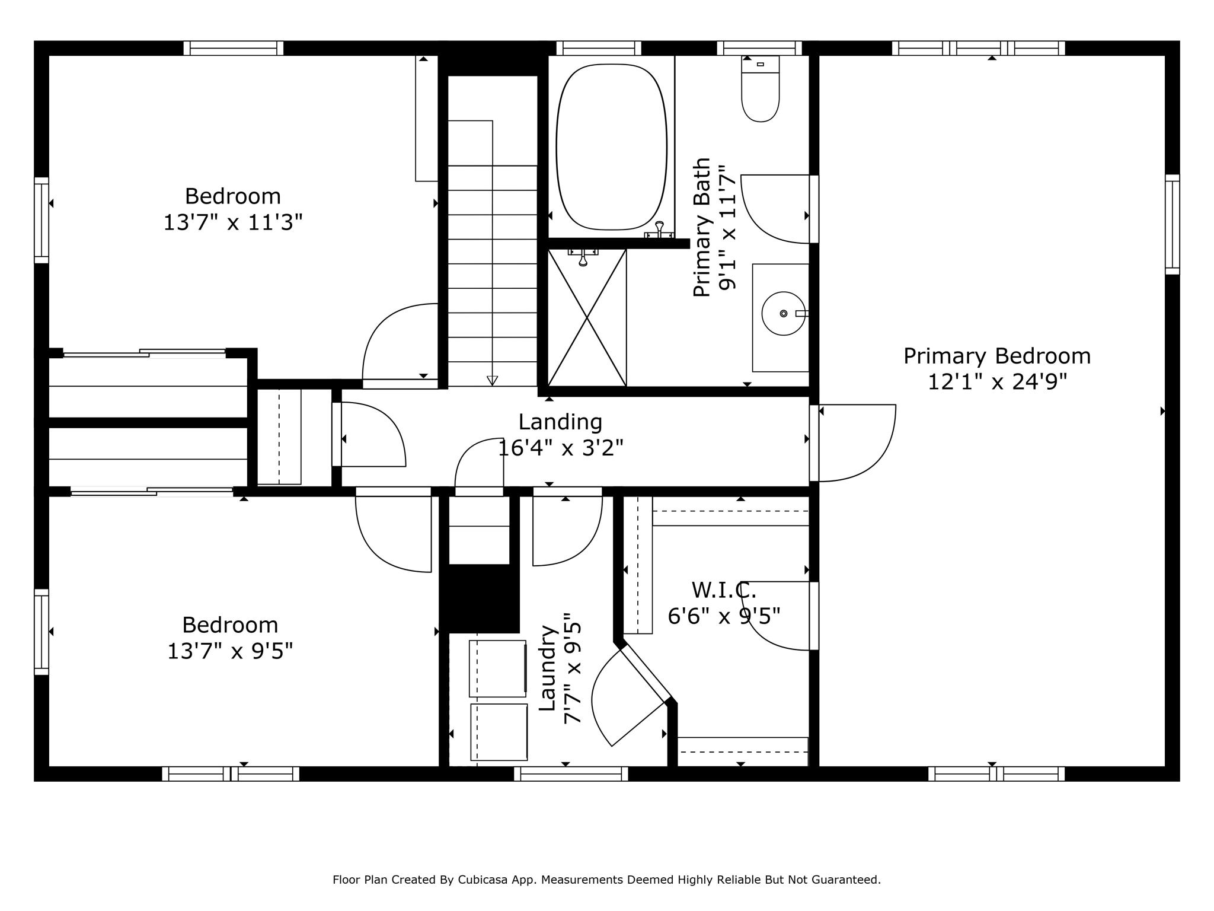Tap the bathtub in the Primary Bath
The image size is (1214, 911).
click(x=611, y=146)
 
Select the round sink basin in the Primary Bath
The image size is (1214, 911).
click(x=783, y=313)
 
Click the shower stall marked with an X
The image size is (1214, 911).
click(x=587, y=317)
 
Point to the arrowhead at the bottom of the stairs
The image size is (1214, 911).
click(x=492, y=380)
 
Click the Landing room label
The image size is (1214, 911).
click(x=560, y=422)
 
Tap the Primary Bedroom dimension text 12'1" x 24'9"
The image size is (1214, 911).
click(x=997, y=382)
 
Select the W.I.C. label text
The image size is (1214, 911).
click(x=724, y=590)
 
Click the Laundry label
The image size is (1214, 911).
click(x=547, y=668)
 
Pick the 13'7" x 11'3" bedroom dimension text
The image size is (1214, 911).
click(x=233, y=222)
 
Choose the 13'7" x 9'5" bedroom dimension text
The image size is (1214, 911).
click(x=230, y=651)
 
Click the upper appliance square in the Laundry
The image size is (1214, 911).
click(x=498, y=668)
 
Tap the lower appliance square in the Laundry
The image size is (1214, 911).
click(x=499, y=732)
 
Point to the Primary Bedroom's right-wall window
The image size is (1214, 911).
click(x=1173, y=224)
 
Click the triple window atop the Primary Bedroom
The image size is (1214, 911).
click(x=978, y=48)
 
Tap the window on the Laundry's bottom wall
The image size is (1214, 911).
click(x=571, y=773)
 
